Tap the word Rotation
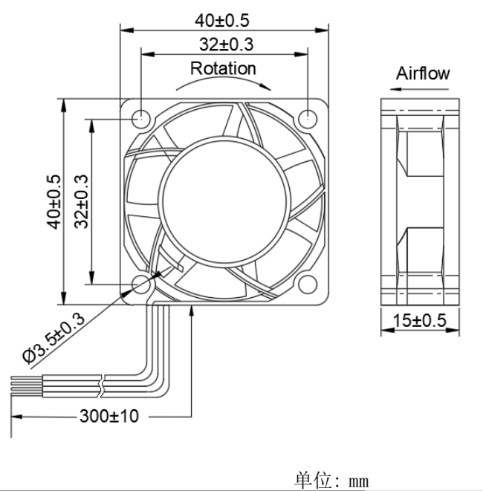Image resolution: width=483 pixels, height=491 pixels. click(x=224, y=68)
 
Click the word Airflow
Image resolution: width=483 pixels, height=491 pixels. click(x=422, y=73)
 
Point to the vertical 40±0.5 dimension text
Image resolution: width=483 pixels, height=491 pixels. click(x=54, y=201)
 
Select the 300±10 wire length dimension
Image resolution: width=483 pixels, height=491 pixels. click(x=109, y=416)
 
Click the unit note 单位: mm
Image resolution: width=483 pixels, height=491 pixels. click(x=331, y=479)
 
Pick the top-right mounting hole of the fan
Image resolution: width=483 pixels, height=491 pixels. click(x=308, y=117)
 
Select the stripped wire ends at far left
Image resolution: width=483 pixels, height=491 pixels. click(x=16, y=385)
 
